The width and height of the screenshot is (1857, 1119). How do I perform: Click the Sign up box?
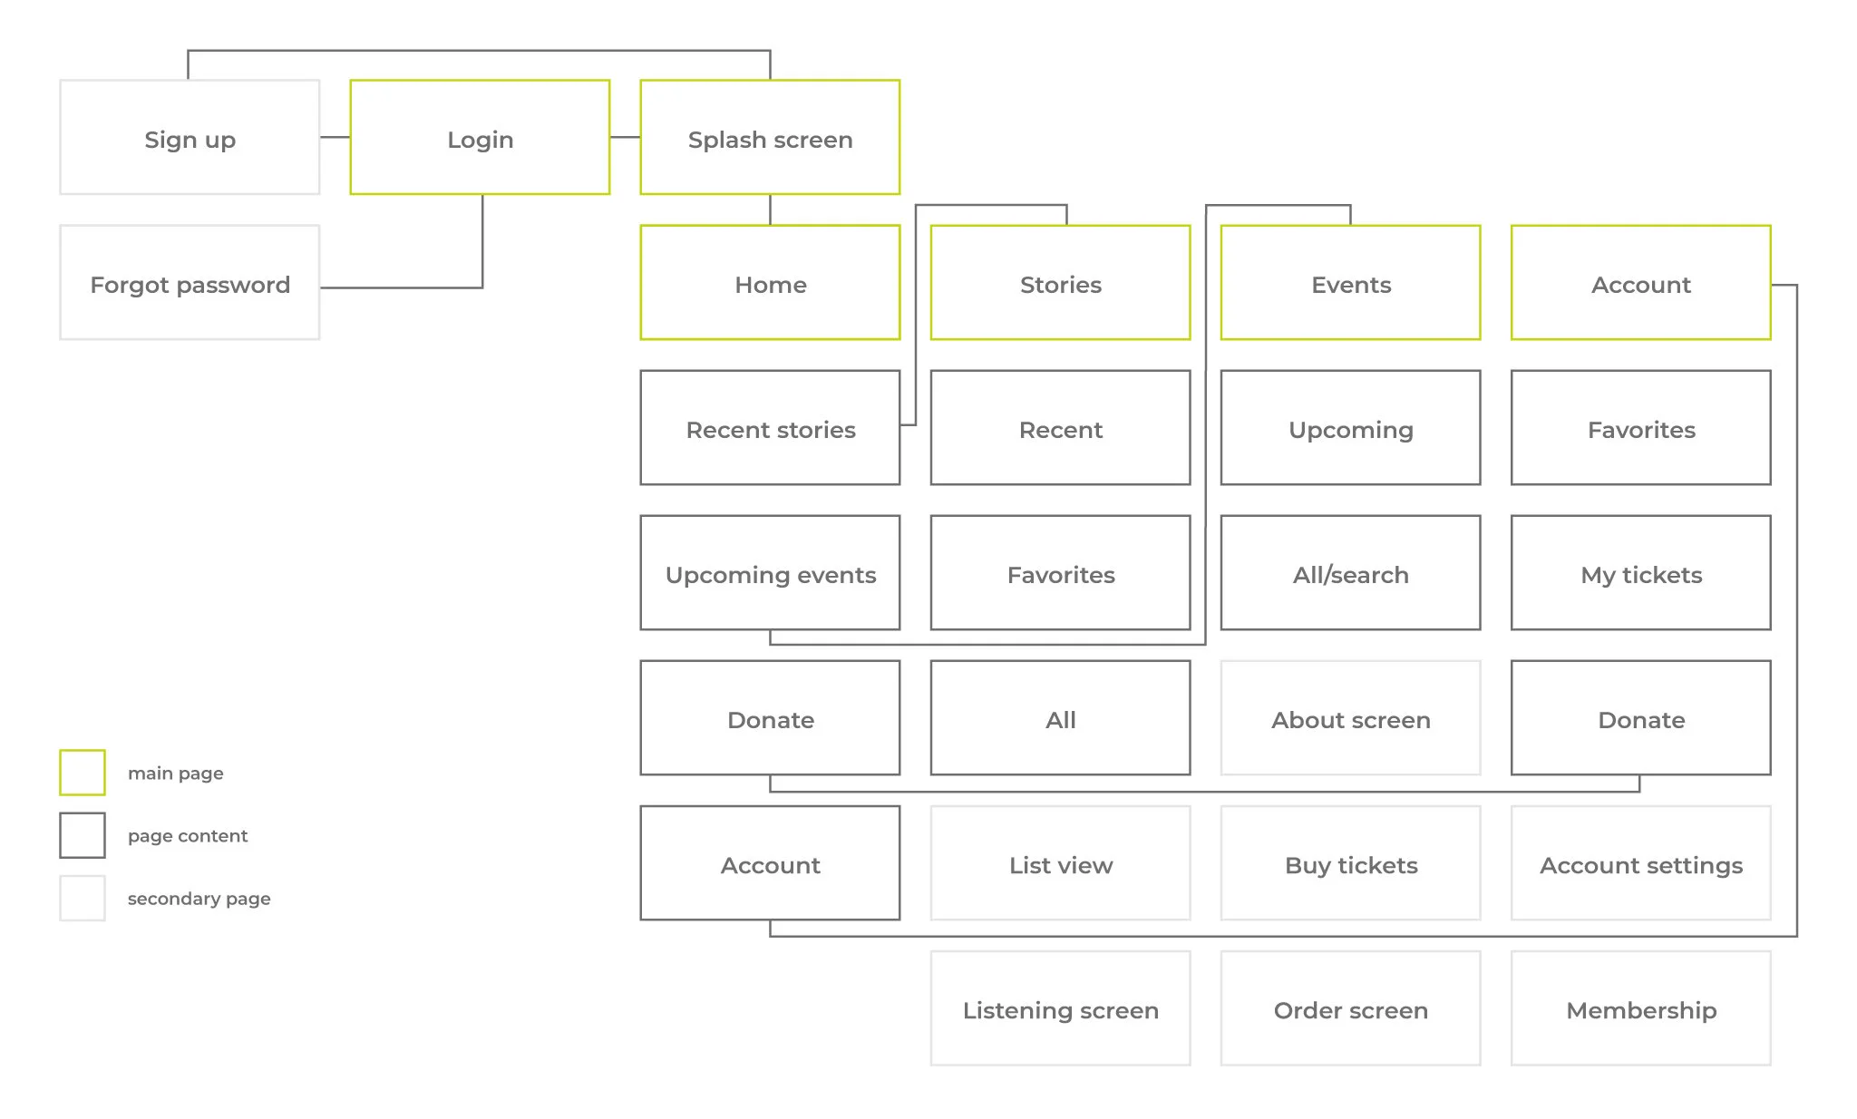(190, 138)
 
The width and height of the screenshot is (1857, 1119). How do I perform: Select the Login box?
(480, 138)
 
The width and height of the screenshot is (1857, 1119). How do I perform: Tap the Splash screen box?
(770, 138)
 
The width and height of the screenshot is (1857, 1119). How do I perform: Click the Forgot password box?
(190, 283)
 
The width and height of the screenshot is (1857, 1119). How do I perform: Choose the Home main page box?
(770, 283)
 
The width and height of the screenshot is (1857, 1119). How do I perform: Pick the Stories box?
(1060, 283)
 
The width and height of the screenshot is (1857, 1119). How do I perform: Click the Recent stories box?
(770, 428)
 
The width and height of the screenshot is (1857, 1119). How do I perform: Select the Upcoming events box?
(770, 573)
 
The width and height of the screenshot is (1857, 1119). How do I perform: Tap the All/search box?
(1350, 573)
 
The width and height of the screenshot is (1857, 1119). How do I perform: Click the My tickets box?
(1640, 573)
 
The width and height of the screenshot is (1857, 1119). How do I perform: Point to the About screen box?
(1350, 718)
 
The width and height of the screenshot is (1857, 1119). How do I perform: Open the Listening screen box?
(1060, 1008)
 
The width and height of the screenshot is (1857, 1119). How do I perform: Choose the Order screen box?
(1350, 1008)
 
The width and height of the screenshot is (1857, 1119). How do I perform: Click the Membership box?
(1640, 1008)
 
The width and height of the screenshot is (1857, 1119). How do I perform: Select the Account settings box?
(1640, 863)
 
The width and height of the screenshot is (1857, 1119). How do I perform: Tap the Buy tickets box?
(1350, 863)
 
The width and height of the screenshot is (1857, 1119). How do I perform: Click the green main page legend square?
(83, 773)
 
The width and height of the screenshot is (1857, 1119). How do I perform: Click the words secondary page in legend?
(199, 899)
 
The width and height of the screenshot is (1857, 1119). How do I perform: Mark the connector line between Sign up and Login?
(335, 138)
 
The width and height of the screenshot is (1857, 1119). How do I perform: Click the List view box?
(1060, 863)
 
